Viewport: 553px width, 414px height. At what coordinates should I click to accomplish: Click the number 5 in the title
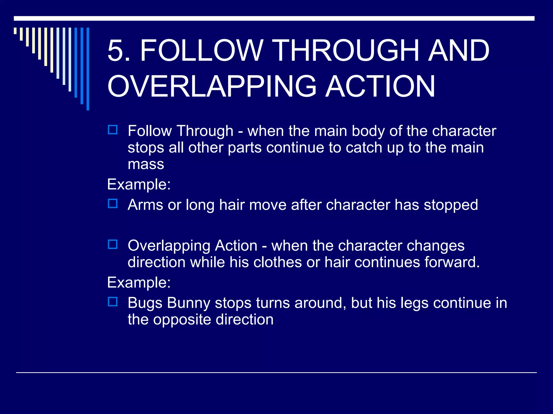tap(115, 51)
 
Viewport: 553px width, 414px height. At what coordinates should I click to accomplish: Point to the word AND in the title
tap(459, 51)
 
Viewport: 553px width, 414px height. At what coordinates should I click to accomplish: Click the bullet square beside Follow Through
tap(113, 130)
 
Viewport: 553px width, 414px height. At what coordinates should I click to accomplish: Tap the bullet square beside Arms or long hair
tap(113, 204)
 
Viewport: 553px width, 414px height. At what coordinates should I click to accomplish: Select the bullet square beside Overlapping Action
tap(113, 245)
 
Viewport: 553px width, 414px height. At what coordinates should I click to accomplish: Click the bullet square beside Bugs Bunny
tap(113, 302)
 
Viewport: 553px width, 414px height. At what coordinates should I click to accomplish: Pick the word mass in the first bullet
tap(146, 164)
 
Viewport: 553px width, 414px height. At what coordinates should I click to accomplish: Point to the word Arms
tap(145, 205)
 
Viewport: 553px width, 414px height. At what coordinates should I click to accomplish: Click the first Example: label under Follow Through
tap(139, 185)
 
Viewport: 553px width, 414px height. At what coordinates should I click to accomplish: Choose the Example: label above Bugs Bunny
tap(139, 283)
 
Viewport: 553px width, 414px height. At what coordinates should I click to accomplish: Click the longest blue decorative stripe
tap(88, 69)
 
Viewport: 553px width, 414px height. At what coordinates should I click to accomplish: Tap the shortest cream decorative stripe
tap(15, 31)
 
